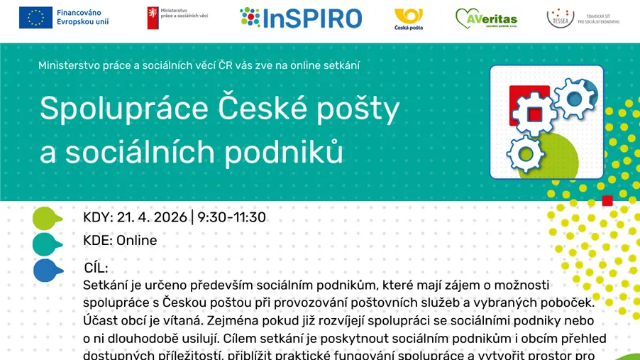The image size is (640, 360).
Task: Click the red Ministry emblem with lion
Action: click(153, 18)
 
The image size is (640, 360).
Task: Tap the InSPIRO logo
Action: click(301, 18)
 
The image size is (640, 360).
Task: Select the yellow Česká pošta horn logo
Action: click(408, 15)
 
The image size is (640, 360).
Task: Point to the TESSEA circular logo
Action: click(561, 17)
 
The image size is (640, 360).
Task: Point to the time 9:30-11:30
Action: click(231, 217)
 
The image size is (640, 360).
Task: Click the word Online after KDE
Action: click(136, 241)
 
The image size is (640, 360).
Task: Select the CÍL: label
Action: click(96, 268)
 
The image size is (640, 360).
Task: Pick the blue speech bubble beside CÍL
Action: click(45, 270)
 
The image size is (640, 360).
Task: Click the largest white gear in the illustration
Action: click(534, 114)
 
